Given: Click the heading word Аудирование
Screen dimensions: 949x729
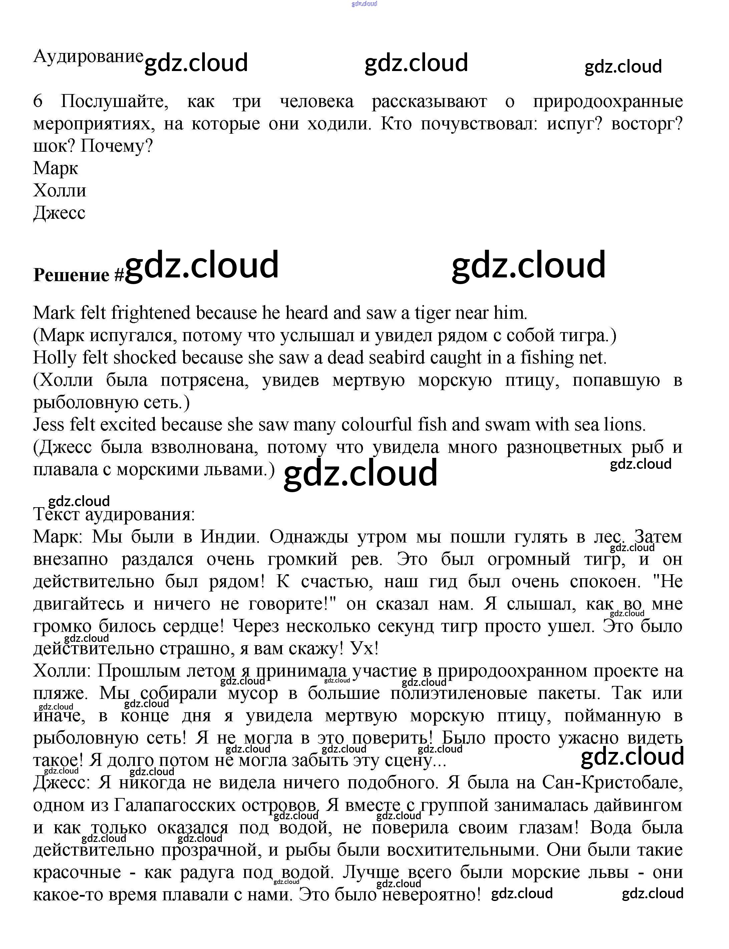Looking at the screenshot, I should tap(88, 56).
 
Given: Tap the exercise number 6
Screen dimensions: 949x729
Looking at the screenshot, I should tap(38, 101).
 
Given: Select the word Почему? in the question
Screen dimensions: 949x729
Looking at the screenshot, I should tap(117, 146).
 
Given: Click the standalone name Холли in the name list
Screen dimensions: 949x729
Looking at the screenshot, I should tap(59, 190).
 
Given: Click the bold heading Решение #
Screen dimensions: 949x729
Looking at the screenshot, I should tap(78, 274).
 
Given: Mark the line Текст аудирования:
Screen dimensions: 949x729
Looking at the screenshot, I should tap(114, 515).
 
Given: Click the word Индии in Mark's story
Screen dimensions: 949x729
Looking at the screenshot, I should tap(230, 537).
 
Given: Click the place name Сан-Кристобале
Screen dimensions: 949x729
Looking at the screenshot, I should tap(612, 783).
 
